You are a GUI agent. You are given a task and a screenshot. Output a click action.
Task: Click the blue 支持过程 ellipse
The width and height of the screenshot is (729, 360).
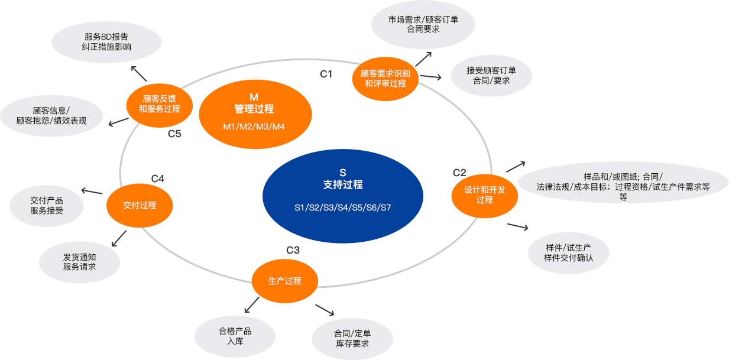[x=343, y=189]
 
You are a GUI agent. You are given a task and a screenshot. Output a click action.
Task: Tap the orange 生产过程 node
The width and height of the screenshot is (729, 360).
[x=285, y=281]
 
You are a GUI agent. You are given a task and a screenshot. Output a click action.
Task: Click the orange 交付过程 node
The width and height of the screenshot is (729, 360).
[x=140, y=205]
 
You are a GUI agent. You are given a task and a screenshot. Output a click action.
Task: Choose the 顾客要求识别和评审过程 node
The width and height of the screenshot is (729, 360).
[x=385, y=79]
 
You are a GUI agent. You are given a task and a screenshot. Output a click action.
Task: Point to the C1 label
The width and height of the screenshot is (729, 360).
[x=326, y=74]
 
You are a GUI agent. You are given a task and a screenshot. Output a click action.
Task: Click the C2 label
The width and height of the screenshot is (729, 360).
[x=459, y=173]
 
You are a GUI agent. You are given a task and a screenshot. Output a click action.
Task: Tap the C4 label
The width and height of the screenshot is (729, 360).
[x=158, y=179]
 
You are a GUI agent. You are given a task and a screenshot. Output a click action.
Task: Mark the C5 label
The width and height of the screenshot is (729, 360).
[x=174, y=134]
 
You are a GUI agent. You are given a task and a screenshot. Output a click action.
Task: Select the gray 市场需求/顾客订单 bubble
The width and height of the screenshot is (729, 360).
[x=423, y=24]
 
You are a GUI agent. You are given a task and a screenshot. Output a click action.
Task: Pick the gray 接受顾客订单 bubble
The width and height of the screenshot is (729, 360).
[x=491, y=76]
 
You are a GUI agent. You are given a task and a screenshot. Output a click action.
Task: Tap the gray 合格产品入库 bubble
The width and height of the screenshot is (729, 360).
[x=235, y=336]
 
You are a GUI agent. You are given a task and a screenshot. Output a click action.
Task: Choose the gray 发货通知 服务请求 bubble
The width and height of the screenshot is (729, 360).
[x=79, y=262]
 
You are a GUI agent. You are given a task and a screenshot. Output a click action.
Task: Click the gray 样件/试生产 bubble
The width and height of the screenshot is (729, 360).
[x=568, y=252]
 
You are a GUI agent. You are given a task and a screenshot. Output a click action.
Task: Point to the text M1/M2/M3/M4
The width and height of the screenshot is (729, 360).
[x=254, y=127]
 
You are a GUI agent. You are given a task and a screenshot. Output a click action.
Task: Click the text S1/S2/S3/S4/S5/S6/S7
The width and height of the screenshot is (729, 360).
[x=343, y=207]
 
